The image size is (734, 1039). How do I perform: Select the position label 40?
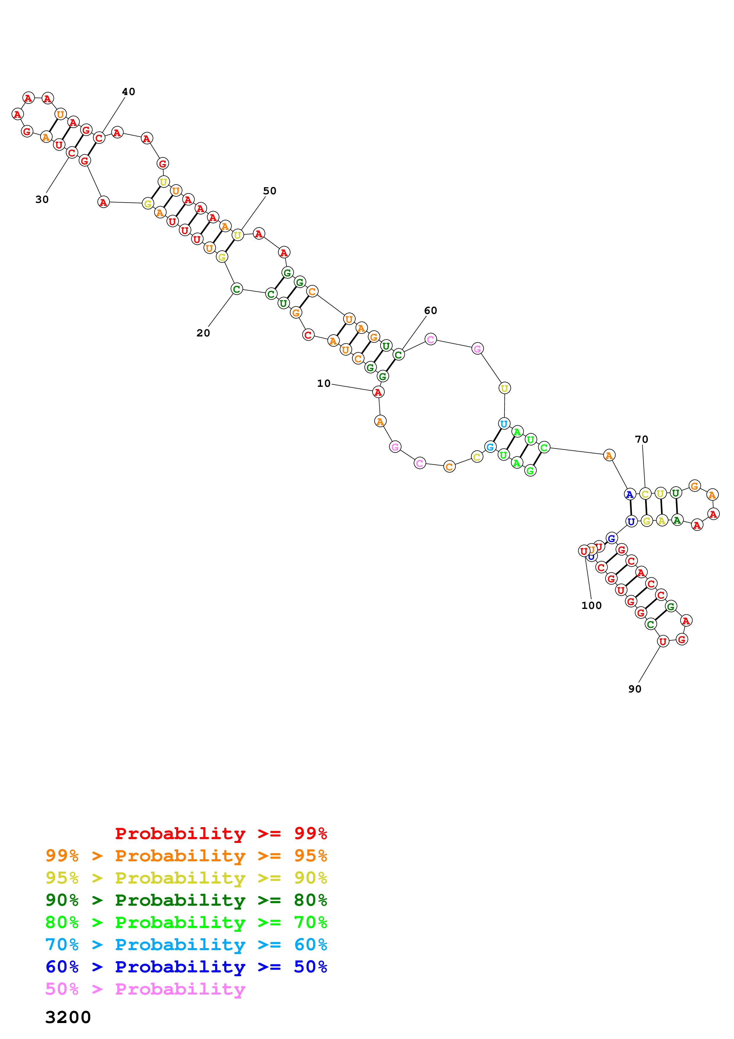129,92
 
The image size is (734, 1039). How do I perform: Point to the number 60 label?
431,310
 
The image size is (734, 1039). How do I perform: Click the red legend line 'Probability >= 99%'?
221,833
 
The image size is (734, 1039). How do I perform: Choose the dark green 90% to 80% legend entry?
186,900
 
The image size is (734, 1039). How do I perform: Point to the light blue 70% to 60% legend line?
186,945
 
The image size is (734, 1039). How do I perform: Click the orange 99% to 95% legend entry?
186,856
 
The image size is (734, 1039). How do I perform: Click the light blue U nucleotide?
504,424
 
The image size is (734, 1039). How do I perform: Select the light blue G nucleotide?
490,447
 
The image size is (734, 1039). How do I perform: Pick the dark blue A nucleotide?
629,494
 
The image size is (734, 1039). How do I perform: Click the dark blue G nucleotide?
611,538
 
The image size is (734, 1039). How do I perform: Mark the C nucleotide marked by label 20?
236,289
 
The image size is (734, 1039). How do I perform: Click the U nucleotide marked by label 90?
663,641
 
